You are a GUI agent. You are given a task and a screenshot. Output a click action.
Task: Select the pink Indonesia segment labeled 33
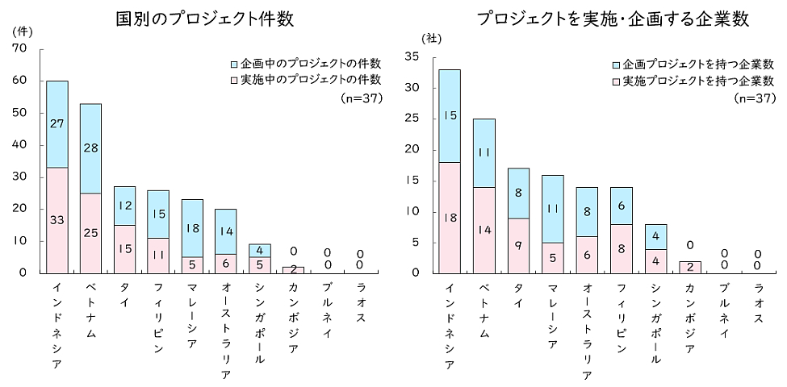[57, 219]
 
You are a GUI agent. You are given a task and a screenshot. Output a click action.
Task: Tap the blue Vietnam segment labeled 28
[91, 148]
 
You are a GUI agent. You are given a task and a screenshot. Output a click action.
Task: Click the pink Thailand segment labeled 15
[125, 248]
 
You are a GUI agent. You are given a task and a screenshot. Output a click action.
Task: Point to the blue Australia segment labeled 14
[227, 231]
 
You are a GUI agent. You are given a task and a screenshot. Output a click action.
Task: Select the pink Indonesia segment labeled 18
[450, 218]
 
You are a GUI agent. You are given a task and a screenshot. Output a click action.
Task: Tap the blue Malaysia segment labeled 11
[553, 209]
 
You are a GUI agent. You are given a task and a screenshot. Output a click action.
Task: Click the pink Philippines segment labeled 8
[621, 248]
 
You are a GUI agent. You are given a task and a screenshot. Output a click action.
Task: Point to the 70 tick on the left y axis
[20, 48]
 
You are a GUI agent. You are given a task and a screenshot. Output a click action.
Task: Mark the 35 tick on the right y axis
[412, 56]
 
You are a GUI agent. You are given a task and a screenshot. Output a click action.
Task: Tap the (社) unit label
[433, 37]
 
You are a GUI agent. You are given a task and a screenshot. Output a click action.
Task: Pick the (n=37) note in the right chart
[754, 98]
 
